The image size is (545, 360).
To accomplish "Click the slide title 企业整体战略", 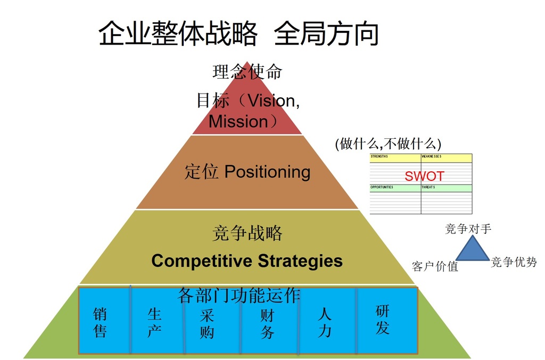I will [178, 33].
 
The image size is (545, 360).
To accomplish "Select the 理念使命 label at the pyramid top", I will [247, 71].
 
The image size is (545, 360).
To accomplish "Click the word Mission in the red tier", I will [238, 121].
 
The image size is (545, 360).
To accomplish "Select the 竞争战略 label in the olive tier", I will [247, 233].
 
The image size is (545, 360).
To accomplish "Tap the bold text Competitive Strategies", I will [247, 261].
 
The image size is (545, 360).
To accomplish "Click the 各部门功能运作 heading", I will [239, 295].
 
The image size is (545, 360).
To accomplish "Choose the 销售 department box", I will [104, 322].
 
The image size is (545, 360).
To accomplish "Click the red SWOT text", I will [424, 177].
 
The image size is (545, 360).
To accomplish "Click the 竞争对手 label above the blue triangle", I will [468, 229].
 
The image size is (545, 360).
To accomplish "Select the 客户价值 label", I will [435, 266].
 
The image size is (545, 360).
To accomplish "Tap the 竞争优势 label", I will [514, 262].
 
